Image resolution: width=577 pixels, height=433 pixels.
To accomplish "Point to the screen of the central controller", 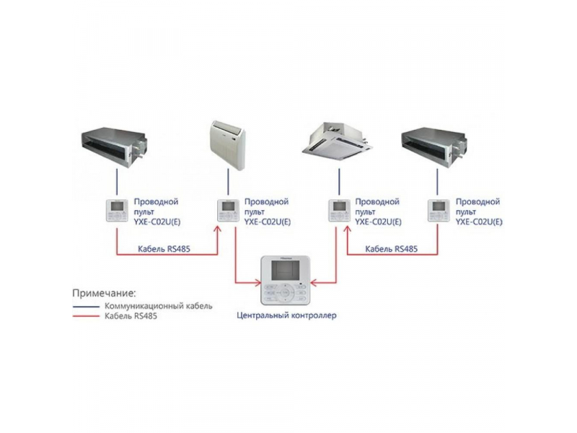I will (282, 272).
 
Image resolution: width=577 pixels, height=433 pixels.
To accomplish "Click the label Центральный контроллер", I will (287, 315).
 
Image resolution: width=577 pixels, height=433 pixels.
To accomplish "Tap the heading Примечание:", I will (104, 293).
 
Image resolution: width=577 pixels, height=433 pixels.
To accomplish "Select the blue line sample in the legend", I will (85, 306).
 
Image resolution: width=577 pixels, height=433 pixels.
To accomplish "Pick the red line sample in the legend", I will (85, 316).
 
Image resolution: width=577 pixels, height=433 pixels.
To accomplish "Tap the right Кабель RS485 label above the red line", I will (391, 248).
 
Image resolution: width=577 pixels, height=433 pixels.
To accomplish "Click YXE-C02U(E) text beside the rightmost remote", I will (480, 222).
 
